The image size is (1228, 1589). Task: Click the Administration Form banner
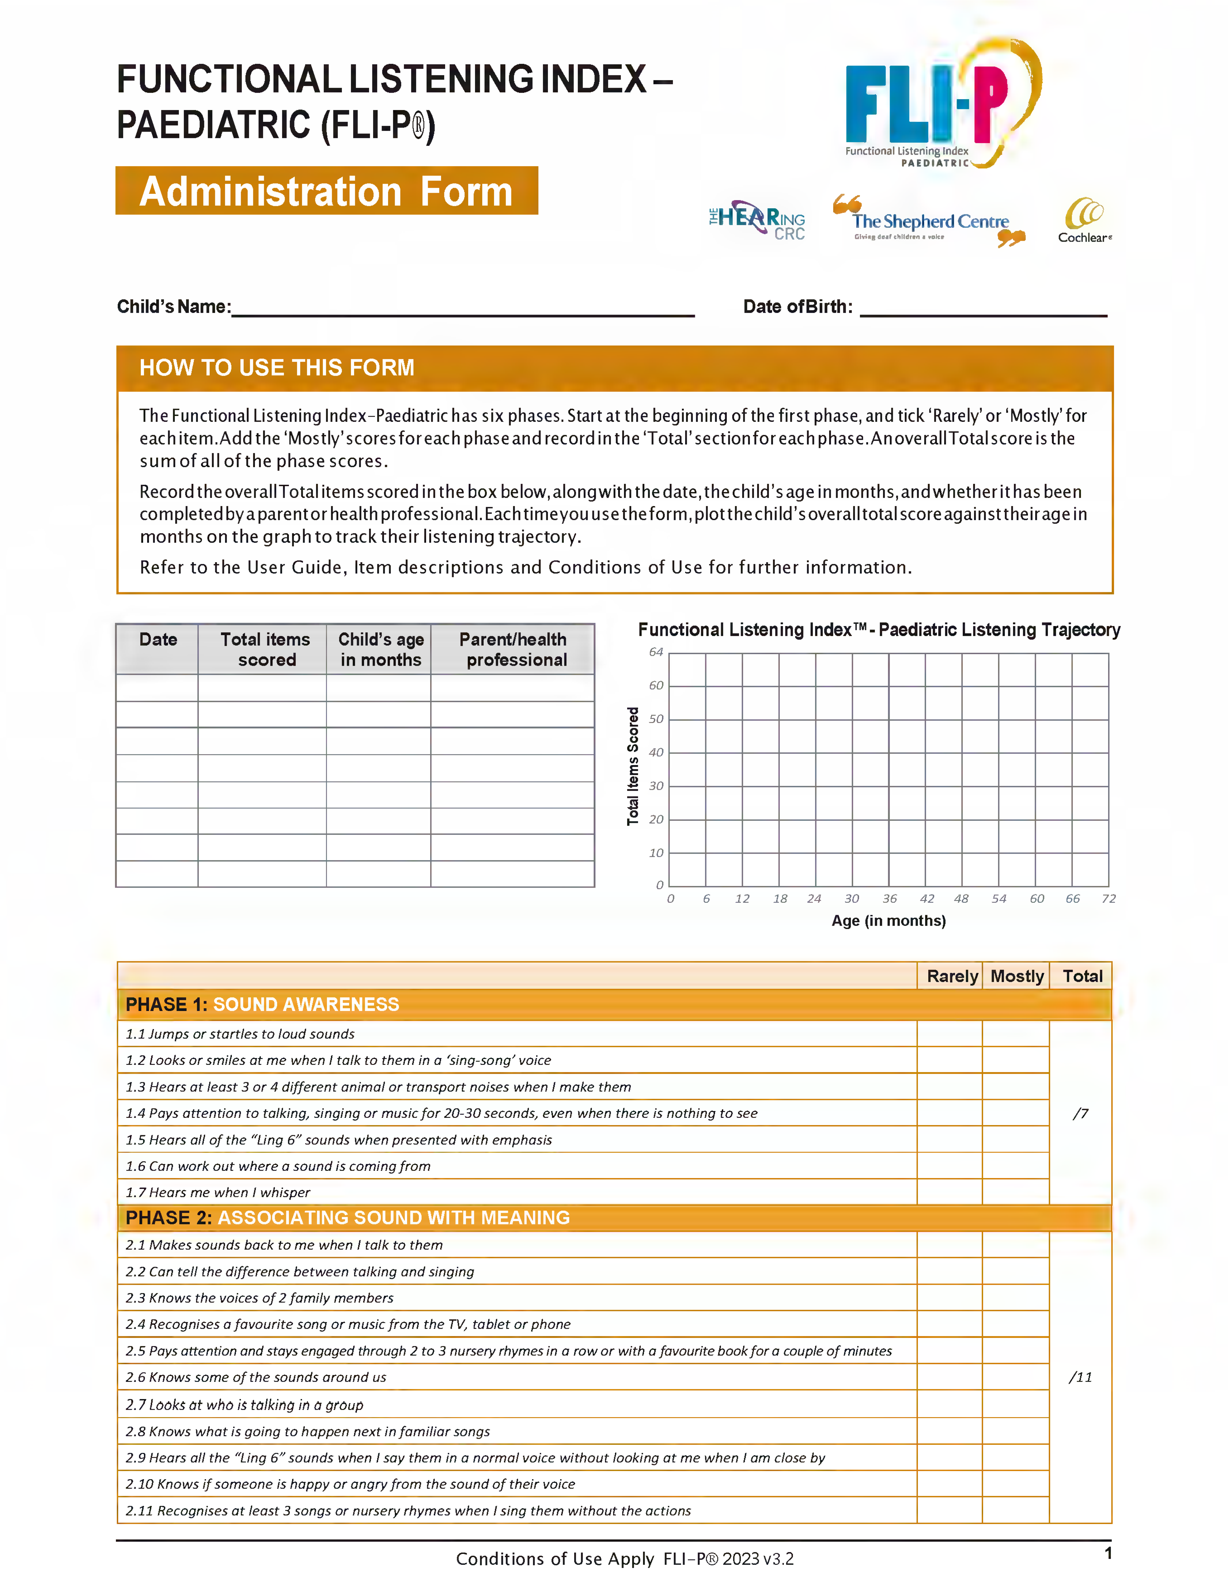[327, 191]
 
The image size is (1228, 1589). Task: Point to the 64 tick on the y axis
[656, 652]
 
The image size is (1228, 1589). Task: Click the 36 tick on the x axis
[889, 899]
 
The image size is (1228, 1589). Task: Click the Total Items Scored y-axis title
[633, 766]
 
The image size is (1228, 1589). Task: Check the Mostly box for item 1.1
[1016, 1034]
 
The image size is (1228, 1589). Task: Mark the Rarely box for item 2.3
[949, 1298]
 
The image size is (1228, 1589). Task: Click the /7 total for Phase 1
[1080, 1113]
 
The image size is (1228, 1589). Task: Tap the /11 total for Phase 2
[1080, 1377]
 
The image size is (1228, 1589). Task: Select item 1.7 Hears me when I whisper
[218, 1192]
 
